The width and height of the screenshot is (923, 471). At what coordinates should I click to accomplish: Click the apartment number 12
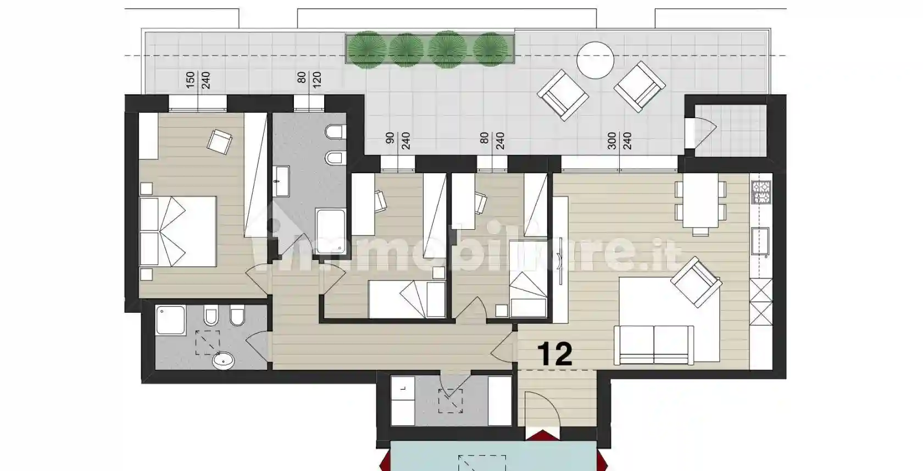[555, 354]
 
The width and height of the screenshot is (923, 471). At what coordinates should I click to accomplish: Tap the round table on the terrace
[595, 60]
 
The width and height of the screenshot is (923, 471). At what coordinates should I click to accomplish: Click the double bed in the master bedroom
[178, 231]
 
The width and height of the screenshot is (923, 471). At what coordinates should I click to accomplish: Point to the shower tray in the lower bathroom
[171, 320]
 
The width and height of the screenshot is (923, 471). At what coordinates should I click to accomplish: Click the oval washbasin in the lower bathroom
[223, 361]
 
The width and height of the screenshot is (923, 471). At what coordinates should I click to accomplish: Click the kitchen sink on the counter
[760, 241]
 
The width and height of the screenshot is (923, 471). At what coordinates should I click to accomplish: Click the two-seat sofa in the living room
[654, 345]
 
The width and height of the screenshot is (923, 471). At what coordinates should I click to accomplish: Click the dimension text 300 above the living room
[611, 141]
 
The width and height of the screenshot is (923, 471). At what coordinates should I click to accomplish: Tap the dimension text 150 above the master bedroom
[190, 80]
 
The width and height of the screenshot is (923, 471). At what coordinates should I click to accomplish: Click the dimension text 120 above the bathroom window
[317, 80]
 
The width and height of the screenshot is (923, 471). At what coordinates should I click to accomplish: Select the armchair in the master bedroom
[219, 142]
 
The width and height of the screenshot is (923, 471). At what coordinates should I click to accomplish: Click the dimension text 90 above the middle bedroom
[390, 138]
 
